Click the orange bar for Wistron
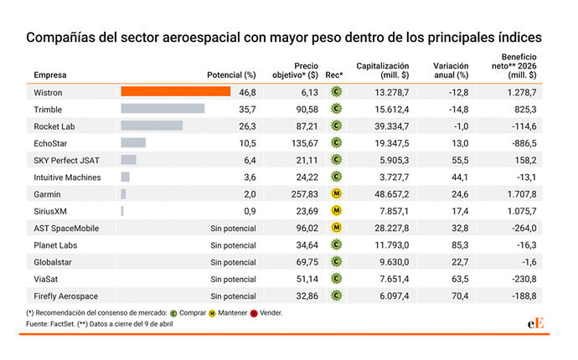tap(176, 91)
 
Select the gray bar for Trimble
tap(163, 109)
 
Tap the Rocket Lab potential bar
tap(152, 126)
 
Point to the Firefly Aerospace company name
tap(65, 296)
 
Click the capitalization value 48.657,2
tap(387, 193)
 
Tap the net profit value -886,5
tap(522, 142)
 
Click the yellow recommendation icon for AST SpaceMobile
tap(336, 228)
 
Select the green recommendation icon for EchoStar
tap(336, 142)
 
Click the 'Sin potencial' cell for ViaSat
tap(234, 279)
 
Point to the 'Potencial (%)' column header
tap(231, 75)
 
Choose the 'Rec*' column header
tap(334, 75)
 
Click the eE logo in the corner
tap(537, 325)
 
